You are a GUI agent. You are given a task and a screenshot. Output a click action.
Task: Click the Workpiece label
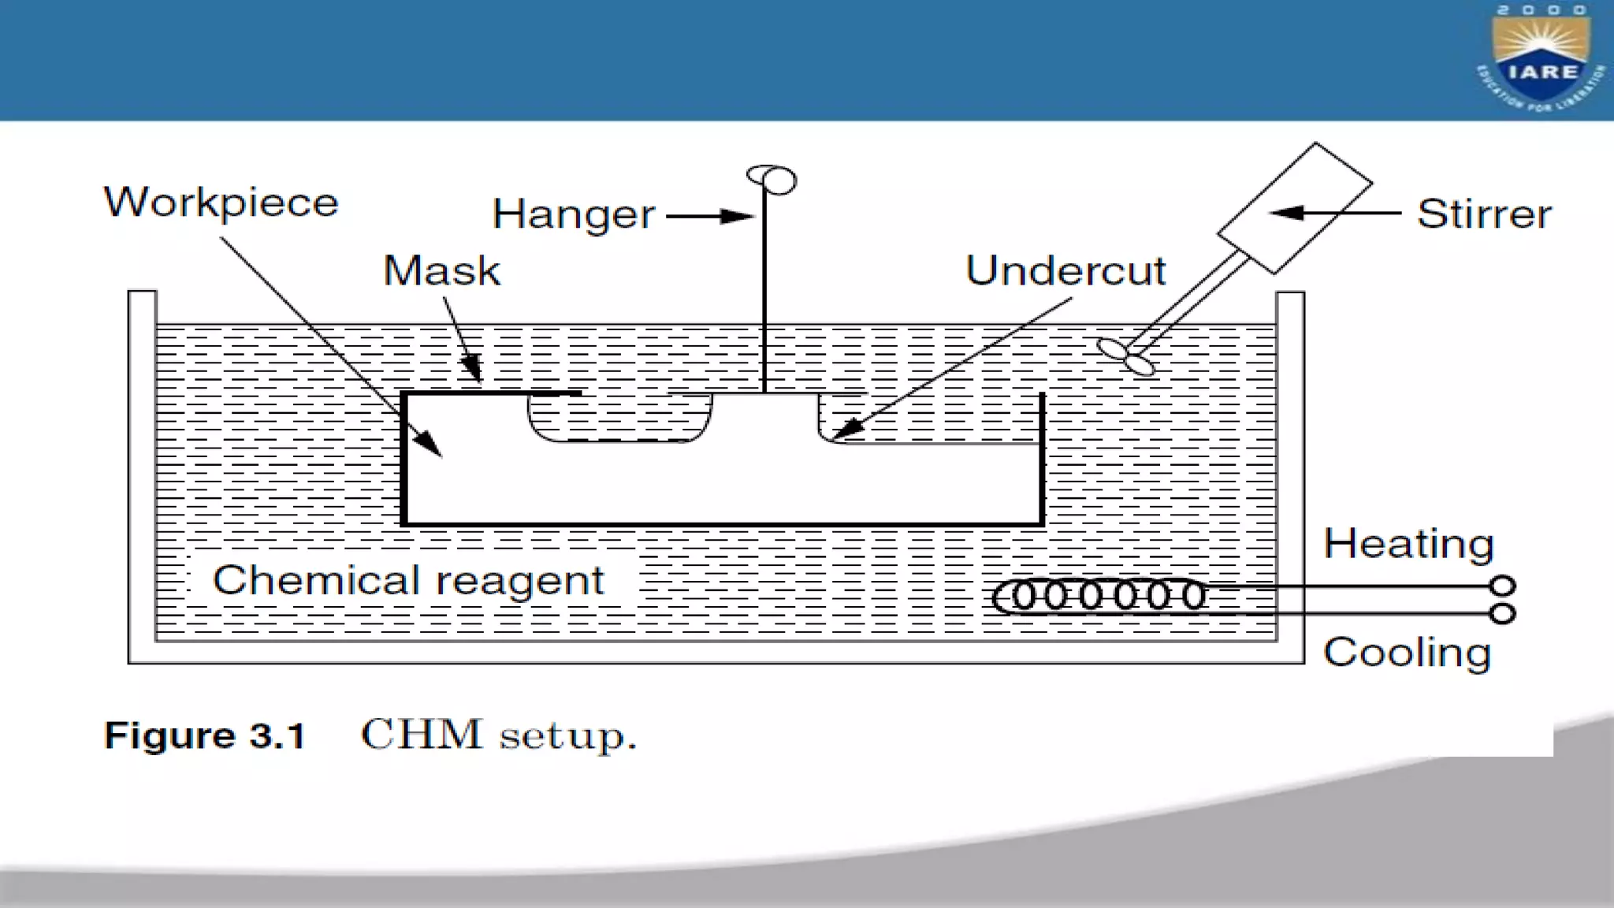point(221,203)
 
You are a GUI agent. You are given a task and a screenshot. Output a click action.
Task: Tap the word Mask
point(441,271)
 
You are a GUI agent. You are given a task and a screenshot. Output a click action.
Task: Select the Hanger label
point(573,214)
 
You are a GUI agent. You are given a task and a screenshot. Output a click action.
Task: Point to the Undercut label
point(1065,271)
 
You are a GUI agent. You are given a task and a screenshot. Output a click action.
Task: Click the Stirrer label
point(1484,214)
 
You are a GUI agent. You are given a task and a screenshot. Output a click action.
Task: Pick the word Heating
point(1408,544)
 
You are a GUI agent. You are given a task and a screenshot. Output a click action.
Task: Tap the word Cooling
point(1407,653)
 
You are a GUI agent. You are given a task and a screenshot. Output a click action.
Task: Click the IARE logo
point(1541,60)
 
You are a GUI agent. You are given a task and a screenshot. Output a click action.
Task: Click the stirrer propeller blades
point(1126,356)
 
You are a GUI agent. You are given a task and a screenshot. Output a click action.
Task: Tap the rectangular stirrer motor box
point(1294,207)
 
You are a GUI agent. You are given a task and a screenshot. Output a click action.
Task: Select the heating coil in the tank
point(1100,597)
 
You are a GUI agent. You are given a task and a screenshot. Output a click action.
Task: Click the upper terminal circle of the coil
point(1502,586)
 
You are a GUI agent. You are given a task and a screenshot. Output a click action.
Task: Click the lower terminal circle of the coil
point(1502,613)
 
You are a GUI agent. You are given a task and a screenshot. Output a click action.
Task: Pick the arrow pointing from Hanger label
point(709,216)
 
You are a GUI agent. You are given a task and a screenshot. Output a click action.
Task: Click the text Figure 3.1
point(204,736)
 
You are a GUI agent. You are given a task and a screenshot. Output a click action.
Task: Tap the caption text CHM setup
point(498,736)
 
